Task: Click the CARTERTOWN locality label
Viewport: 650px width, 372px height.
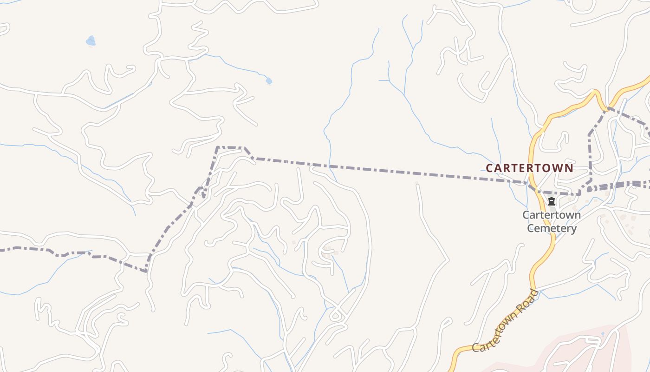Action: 529,168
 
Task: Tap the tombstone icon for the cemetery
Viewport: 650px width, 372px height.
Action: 552,201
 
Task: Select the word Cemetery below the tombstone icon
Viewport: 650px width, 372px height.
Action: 552,228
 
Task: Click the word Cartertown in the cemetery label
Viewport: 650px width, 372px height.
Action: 552,215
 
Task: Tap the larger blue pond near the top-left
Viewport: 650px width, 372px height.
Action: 91,41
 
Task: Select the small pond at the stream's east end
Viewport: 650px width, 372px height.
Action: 269,81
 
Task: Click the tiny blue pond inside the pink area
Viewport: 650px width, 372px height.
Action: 603,334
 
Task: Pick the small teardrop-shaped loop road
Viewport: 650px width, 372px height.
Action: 335,316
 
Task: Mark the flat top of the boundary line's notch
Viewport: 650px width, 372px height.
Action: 230,147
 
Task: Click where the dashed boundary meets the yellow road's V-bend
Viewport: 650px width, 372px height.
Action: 606,108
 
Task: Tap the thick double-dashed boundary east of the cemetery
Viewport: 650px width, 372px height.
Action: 617,186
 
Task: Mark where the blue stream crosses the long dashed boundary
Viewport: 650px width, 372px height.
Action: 331,166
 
